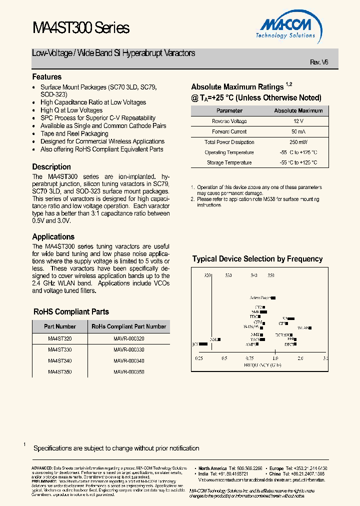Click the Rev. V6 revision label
[319, 62]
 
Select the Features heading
[47, 77]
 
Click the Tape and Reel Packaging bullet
[74, 133]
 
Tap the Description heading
[51, 167]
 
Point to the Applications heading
[53, 237]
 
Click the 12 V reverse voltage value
[298, 121]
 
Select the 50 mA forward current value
[298, 131]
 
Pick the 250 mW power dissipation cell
[298, 142]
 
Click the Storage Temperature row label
[229, 162]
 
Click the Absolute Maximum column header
[298, 110]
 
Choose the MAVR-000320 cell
[129, 338]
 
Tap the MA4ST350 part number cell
[60, 372]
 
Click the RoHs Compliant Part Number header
[129, 326]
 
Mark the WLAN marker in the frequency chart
[304, 328]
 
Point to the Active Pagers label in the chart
[260, 297]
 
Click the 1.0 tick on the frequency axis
[275, 358]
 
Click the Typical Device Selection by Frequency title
[257, 259]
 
